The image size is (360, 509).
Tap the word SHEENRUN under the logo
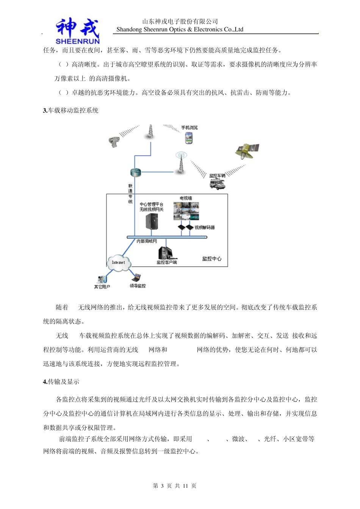77,41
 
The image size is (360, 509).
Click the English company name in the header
180,30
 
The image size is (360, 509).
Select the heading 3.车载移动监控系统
70,111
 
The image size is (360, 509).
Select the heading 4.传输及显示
61,382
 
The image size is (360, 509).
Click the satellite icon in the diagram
247,151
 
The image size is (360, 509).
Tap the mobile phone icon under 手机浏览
189,138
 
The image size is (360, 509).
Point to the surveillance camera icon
113,142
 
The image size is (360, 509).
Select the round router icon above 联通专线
135,173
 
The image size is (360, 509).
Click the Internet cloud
119,262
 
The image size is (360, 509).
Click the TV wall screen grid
186,211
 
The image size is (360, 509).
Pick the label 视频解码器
205,228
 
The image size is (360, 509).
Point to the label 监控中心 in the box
211,259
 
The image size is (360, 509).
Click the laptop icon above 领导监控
136,278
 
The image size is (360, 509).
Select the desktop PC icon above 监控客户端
166,253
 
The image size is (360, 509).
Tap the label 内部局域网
147,241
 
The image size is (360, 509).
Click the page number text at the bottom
175,486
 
